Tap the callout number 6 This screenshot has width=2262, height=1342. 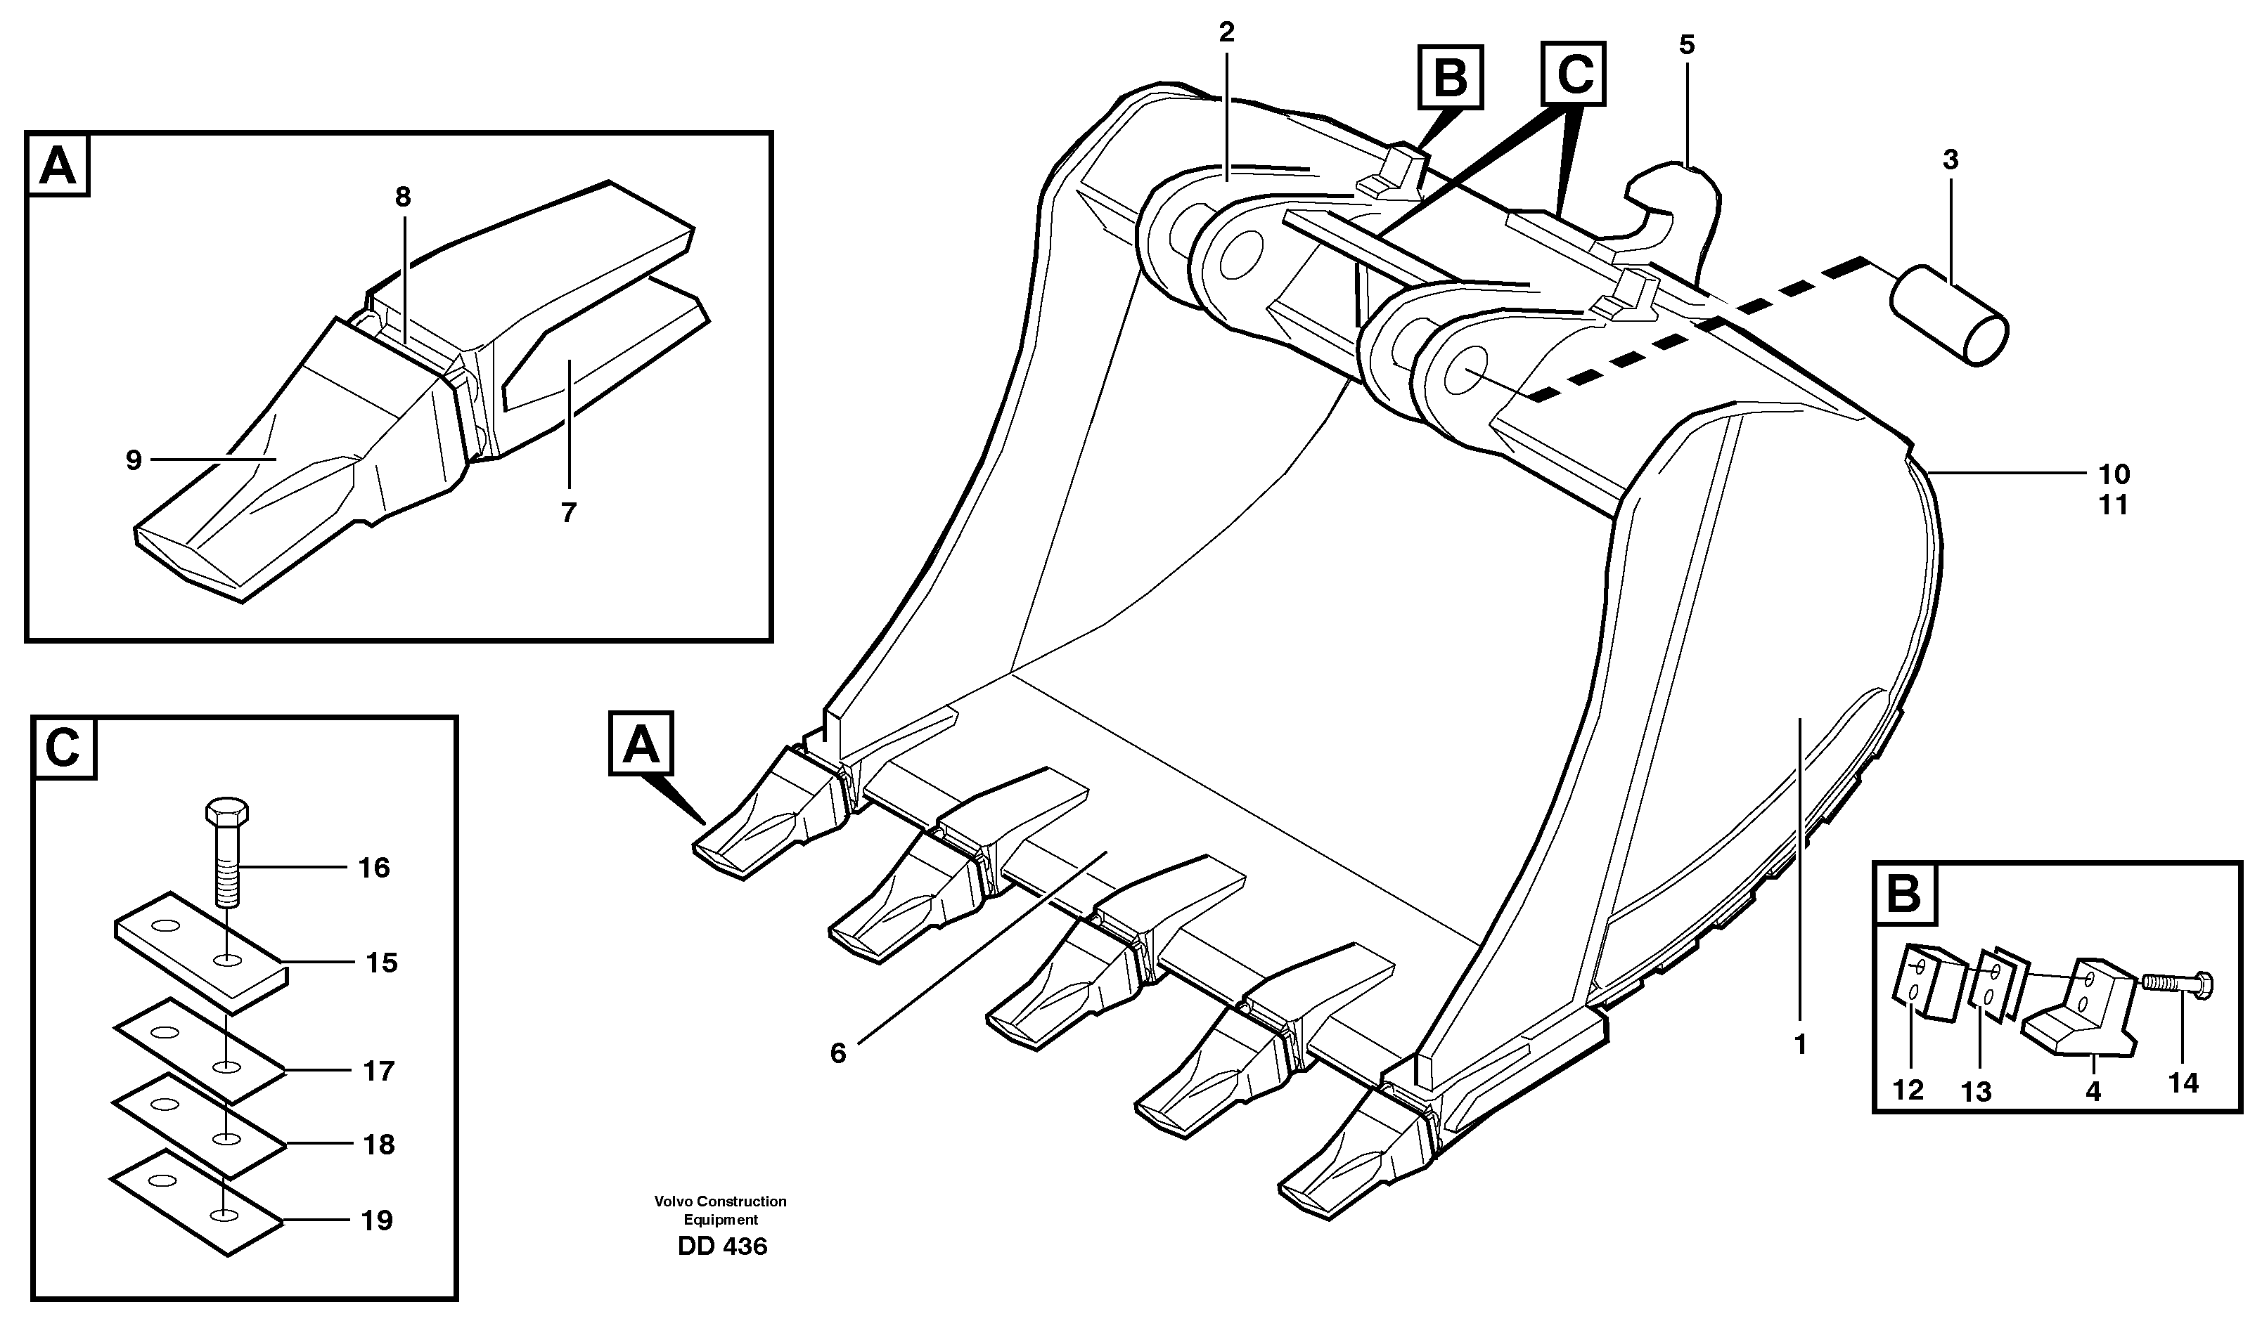click(838, 1053)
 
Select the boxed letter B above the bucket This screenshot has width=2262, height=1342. click(1451, 78)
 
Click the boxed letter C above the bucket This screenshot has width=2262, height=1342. click(1574, 73)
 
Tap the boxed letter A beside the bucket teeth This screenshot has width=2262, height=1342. click(641, 743)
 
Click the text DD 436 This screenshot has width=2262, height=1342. click(722, 1246)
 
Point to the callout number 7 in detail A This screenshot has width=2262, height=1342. click(567, 513)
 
